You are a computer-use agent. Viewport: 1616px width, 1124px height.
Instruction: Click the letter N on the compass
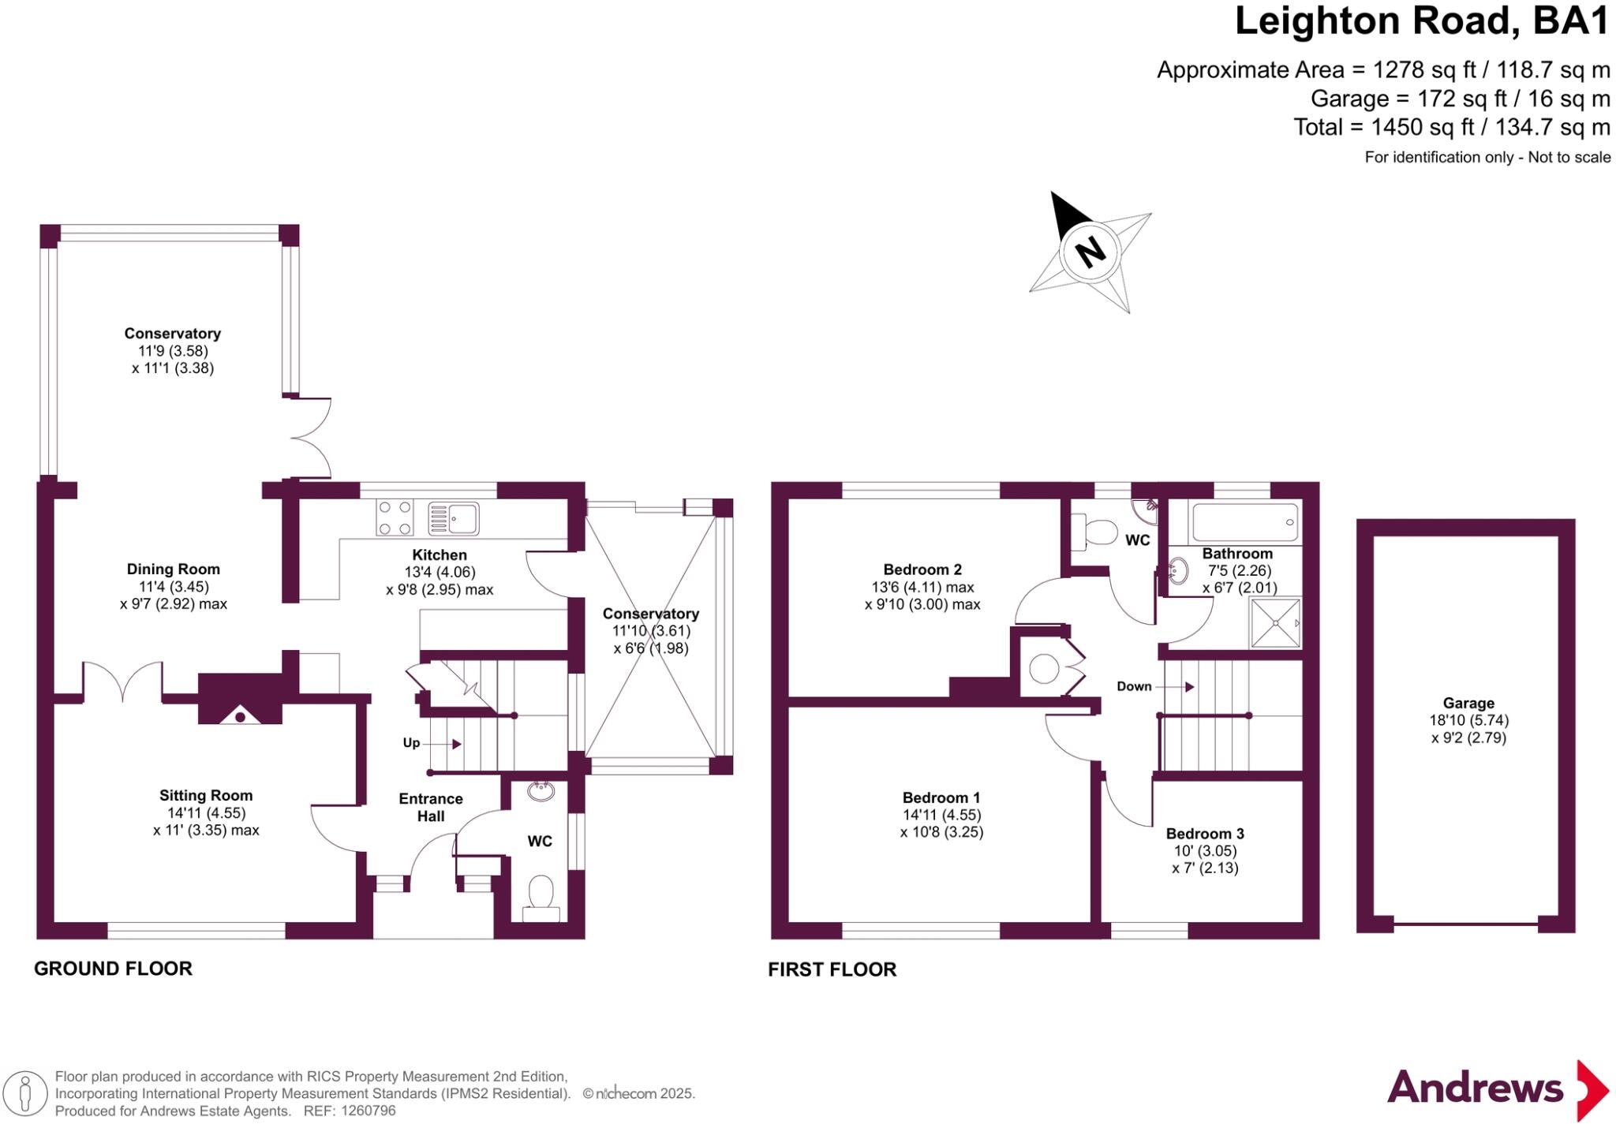point(1090,252)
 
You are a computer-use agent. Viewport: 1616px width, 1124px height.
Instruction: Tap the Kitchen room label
point(440,555)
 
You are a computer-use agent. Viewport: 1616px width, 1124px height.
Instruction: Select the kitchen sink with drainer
point(453,518)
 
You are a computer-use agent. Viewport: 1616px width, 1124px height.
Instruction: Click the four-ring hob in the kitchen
point(395,518)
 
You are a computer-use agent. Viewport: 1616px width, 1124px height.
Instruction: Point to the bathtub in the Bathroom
point(1244,521)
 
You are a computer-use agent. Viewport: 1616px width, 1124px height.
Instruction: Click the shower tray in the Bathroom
point(1275,623)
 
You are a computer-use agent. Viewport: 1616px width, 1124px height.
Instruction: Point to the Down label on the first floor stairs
point(1134,686)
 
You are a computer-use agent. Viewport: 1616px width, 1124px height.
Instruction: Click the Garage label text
point(1468,703)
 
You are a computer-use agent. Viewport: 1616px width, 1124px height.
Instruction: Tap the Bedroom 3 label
point(1205,834)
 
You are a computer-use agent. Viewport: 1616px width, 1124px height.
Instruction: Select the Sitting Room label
point(206,796)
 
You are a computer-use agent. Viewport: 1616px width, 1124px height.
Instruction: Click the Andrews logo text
point(1475,1089)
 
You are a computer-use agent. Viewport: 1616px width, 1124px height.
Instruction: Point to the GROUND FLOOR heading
point(113,969)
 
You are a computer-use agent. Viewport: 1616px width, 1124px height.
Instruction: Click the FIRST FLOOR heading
point(832,969)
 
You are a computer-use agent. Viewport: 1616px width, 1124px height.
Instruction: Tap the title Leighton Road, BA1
point(1421,21)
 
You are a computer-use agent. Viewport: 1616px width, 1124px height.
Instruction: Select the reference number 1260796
point(368,1111)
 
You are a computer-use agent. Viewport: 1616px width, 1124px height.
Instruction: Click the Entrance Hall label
point(431,807)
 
